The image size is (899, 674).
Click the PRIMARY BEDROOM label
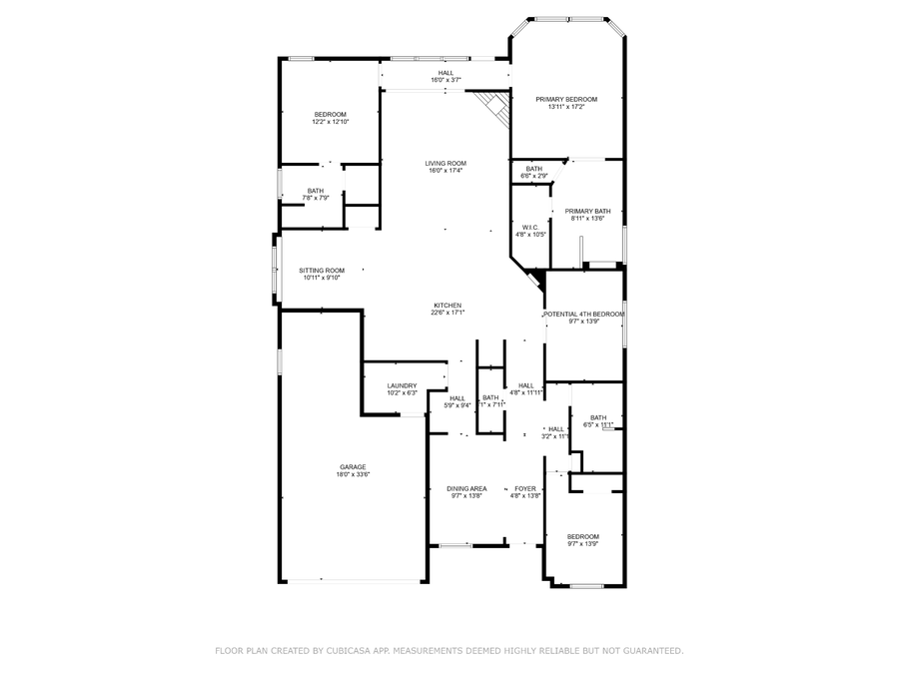[566, 99]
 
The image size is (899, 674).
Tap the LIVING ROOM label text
[447, 163]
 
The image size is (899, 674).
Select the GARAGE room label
[353, 466]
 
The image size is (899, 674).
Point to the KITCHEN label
[447, 305]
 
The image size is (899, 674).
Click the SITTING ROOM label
[322, 270]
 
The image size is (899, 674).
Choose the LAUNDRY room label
[403, 385]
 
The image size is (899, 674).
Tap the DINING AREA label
[466, 488]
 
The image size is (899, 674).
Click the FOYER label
[524, 488]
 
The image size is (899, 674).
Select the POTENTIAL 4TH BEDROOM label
[583, 314]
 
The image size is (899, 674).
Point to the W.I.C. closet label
[530, 227]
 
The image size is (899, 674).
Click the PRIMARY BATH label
[587, 211]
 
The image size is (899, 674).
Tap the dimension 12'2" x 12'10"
[331, 122]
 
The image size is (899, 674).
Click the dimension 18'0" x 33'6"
[353, 475]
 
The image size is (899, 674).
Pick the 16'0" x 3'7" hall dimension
[446, 80]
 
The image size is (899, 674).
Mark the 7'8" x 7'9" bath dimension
[316, 199]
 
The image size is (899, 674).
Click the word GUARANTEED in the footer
[645, 651]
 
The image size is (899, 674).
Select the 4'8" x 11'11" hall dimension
[525, 393]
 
